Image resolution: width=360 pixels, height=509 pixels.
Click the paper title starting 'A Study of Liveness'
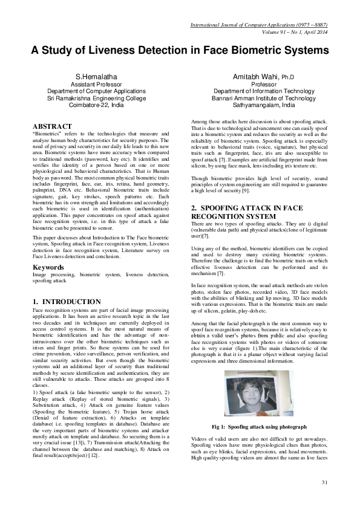pyautogui.click(x=180, y=51)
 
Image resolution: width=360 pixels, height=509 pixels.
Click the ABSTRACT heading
pyautogui.click(x=56, y=126)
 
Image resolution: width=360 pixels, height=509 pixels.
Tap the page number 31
pyautogui.click(x=324, y=482)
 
